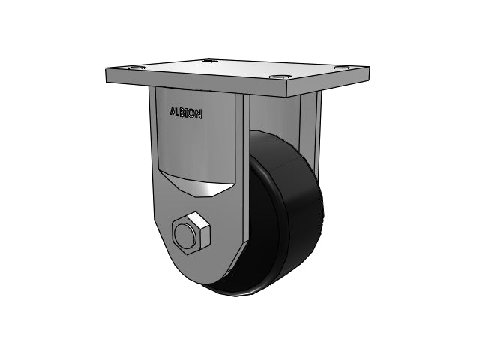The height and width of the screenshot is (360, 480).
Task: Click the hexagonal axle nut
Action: click(190, 232)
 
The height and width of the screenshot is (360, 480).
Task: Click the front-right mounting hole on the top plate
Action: click(279, 77)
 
